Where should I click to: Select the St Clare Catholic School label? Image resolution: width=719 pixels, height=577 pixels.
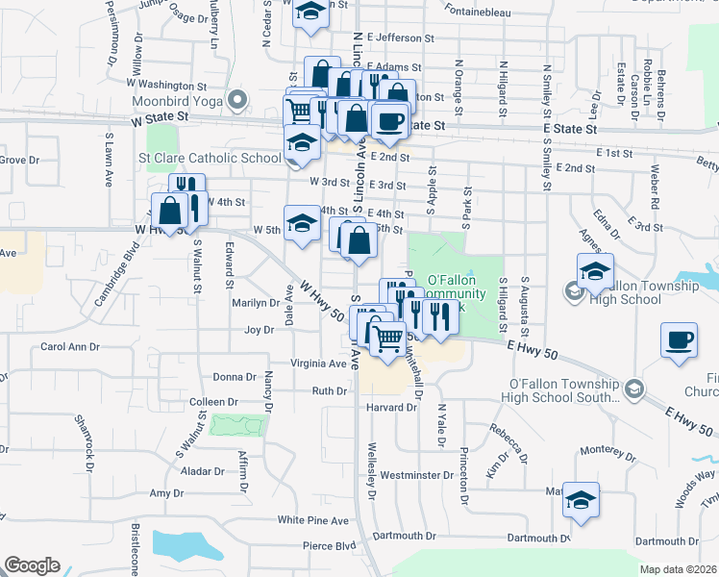pos(210,158)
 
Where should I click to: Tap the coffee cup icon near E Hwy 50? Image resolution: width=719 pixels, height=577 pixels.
pos(679,340)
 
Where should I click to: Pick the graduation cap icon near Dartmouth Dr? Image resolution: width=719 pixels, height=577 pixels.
pos(581,500)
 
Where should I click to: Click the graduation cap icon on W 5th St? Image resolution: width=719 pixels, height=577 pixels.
pos(302,223)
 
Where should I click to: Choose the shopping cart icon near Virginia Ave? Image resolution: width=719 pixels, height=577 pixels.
pos(387,338)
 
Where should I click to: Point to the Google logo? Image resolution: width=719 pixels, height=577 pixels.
pos(32,565)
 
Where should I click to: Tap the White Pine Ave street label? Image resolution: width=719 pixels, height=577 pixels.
pos(312,520)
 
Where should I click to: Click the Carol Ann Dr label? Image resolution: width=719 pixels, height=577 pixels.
pos(69,346)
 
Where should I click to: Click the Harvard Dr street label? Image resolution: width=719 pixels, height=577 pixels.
pos(390,407)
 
